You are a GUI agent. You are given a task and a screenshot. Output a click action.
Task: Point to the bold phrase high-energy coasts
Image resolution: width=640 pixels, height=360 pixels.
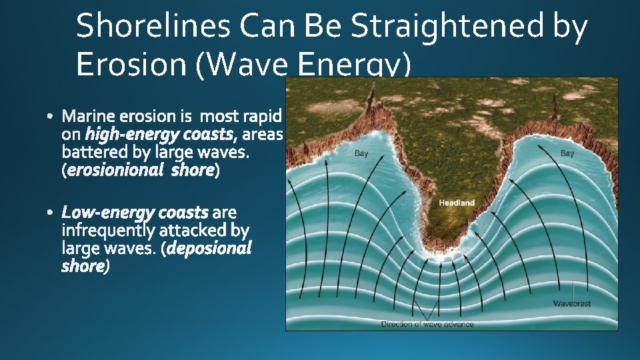click(x=161, y=135)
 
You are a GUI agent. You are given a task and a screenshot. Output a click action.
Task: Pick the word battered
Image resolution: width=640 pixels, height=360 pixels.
click(x=92, y=153)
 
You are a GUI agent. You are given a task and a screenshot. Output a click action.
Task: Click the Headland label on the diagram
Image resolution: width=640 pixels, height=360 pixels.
click(x=457, y=203)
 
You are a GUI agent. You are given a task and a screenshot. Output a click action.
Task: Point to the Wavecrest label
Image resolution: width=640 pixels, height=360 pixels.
click(x=571, y=303)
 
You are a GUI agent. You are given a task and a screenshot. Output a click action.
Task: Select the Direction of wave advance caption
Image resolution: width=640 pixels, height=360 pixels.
click(x=427, y=324)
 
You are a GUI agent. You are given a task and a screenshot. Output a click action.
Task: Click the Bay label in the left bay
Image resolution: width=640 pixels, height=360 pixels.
click(x=361, y=154)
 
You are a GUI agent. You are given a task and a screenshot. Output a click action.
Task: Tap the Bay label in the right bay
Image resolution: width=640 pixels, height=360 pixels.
click(x=567, y=154)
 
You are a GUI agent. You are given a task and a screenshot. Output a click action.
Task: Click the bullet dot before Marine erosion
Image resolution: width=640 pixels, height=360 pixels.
click(x=52, y=118)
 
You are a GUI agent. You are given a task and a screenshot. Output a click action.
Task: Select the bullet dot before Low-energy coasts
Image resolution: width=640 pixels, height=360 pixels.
click(x=52, y=213)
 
